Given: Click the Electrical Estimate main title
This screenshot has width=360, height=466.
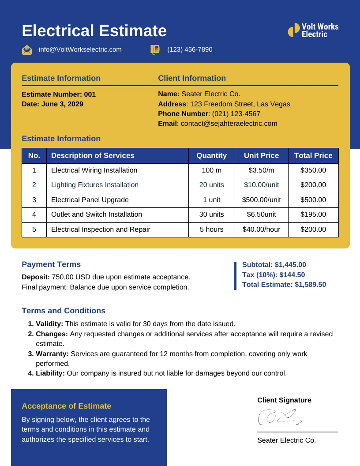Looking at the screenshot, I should (x=94, y=31).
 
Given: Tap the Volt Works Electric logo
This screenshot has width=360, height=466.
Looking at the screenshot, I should (x=313, y=30).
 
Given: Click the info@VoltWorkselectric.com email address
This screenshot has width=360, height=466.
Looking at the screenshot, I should (x=80, y=49).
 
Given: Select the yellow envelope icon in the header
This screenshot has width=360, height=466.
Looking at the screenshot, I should (x=27, y=49).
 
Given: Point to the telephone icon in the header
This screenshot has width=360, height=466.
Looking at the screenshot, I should (x=155, y=49).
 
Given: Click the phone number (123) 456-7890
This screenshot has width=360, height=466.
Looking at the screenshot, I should (x=190, y=49).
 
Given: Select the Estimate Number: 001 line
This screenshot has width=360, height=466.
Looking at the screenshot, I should (x=59, y=94).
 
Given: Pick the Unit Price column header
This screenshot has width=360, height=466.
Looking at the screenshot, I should (x=261, y=155).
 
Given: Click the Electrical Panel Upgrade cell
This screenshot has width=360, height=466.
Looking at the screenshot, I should (x=90, y=200).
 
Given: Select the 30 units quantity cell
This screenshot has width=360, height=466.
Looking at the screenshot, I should (x=211, y=214).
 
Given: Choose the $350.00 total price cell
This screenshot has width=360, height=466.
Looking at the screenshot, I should (x=313, y=170).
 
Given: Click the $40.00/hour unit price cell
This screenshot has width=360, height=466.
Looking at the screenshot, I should (x=261, y=229).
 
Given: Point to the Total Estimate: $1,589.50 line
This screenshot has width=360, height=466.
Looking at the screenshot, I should (x=284, y=285).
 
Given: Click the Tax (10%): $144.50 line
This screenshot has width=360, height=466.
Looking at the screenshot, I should (x=274, y=274).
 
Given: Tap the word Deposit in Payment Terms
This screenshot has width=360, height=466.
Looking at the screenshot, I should (x=35, y=277).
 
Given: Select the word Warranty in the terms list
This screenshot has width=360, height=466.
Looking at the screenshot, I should (x=52, y=354).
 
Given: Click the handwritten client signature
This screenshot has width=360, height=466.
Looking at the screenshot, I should (x=279, y=417).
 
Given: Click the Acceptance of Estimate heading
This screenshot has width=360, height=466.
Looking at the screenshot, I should (x=66, y=406).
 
